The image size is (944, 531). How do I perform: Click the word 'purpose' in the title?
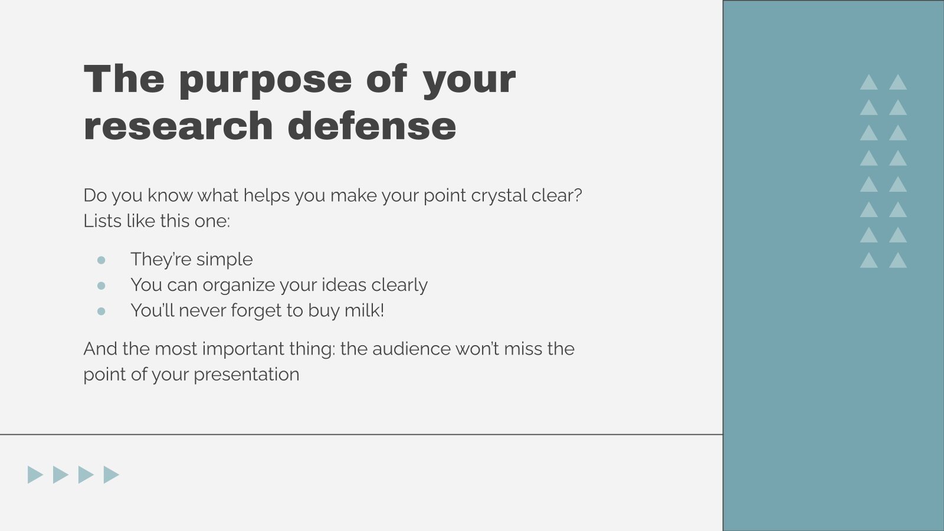[x=265, y=80]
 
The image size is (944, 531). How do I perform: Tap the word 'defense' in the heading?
[x=372, y=126]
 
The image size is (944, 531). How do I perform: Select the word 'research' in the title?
[x=178, y=126]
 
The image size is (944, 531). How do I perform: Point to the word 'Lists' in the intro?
[x=101, y=221]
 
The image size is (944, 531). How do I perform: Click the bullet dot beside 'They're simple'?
[x=101, y=260]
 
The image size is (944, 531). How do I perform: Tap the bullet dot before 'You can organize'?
[x=101, y=286]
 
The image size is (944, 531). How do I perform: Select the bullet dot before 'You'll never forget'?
[x=101, y=311]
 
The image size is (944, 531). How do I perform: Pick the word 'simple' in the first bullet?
[x=224, y=260]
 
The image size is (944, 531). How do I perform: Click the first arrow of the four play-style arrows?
[x=34, y=474]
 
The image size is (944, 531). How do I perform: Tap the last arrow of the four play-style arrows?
[x=110, y=474]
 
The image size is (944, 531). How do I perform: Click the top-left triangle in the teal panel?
[x=868, y=83]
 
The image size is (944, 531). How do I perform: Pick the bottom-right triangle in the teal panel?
[x=898, y=261]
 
